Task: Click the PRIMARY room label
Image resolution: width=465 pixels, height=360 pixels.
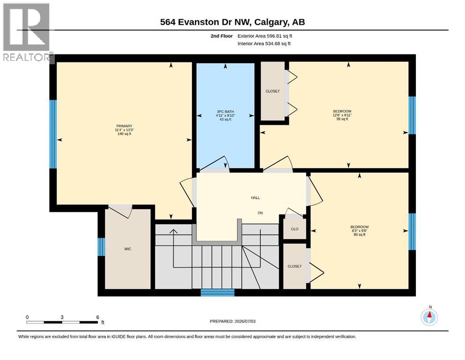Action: [124, 126]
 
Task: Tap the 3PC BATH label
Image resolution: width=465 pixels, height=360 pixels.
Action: [225, 112]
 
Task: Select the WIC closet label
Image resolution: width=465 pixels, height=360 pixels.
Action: [127, 249]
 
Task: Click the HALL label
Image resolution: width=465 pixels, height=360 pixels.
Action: [255, 198]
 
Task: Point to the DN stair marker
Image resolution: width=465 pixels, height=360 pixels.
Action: [260, 213]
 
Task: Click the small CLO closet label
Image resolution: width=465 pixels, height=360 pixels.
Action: [295, 229]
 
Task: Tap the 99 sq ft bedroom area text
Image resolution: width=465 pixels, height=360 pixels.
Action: [342, 119]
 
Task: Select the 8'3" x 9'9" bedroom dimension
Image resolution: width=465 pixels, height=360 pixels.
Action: [360, 231]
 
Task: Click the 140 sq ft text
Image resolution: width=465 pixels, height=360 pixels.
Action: [124, 134]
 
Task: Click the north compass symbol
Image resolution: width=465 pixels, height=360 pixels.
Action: [429, 317]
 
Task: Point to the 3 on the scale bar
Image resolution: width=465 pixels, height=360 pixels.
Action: [62, 317]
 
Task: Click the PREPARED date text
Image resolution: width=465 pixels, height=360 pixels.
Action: [232, 321]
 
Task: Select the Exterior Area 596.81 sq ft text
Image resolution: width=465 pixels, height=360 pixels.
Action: [265, 36]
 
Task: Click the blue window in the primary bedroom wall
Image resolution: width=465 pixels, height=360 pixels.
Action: [53, 134]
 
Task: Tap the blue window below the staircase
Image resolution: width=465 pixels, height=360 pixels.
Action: [218, 292]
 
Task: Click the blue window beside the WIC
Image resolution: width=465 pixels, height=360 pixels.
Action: [102, 247]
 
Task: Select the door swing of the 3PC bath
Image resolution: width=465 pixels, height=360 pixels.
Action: [214, 164]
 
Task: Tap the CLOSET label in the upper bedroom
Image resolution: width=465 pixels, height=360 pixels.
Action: [273, 91]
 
